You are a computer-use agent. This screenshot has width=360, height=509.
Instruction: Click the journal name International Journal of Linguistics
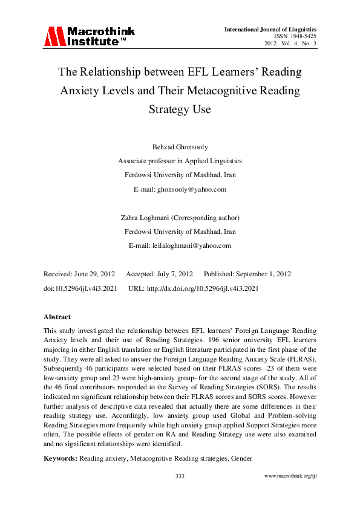270,29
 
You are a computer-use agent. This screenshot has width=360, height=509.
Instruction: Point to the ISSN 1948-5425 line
295,36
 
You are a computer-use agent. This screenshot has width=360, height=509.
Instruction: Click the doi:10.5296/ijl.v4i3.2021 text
80,288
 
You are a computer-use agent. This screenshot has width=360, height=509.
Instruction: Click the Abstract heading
57,317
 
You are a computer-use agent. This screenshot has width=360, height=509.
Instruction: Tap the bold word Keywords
60,458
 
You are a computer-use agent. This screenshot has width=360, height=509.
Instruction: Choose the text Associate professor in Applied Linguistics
180,161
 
